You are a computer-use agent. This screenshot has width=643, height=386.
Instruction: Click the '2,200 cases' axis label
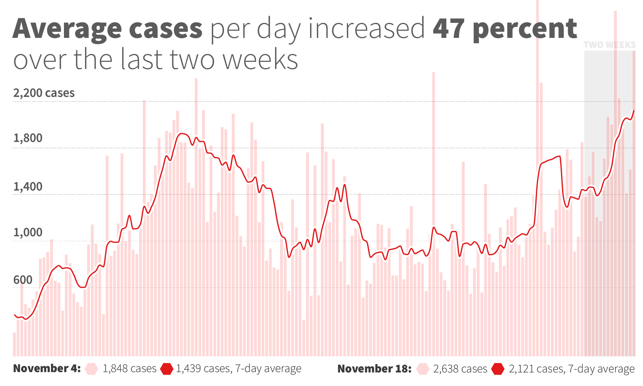(44, 93)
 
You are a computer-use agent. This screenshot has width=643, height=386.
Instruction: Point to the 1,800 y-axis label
(28, 138)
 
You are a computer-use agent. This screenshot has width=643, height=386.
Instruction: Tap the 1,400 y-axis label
(28, 187)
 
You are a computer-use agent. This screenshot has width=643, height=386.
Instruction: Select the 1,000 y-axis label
(28, 233)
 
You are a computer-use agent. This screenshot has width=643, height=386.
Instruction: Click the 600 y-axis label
(23, 280)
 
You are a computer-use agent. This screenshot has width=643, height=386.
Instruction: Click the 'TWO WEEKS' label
(609, 45)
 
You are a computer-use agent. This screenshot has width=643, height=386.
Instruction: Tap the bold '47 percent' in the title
(504, 29)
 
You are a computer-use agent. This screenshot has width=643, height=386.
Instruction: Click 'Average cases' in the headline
(108, 29)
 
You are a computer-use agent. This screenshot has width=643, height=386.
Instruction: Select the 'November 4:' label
(47, 368)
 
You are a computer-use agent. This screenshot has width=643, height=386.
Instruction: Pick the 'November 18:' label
(374, 368)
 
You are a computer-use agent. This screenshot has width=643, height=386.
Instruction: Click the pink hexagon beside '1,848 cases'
(91, 369)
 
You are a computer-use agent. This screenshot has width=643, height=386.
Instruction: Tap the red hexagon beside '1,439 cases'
(166, 369)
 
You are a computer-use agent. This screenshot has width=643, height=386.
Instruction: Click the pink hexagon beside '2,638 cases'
(423, 369)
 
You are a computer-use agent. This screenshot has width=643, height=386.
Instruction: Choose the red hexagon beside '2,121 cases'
(498, 369)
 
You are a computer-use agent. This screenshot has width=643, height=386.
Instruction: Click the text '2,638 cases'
(460, 369)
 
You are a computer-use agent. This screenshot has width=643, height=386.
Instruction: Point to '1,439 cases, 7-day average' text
(239, 368)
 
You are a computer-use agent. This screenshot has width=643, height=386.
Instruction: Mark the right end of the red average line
(634, 111)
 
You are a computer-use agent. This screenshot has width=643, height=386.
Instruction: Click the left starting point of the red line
(14, 315)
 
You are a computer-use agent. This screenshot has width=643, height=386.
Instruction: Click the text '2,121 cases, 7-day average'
(572, 369)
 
